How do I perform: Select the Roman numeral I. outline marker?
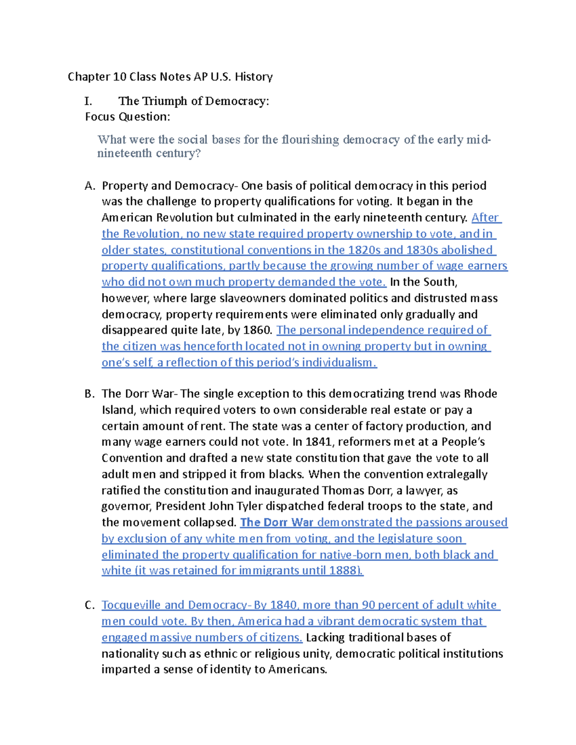(x=88, y=101)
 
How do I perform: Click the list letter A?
(x=90, y=186)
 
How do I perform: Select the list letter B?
(x=90, y=394)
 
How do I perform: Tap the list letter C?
(x=90, y=605)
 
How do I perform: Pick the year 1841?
(x=318, y=442)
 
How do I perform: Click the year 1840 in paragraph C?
(x=284, y=605)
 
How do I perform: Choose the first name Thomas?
(x=346, y=490)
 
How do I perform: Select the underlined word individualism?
(x=336, y=363)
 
